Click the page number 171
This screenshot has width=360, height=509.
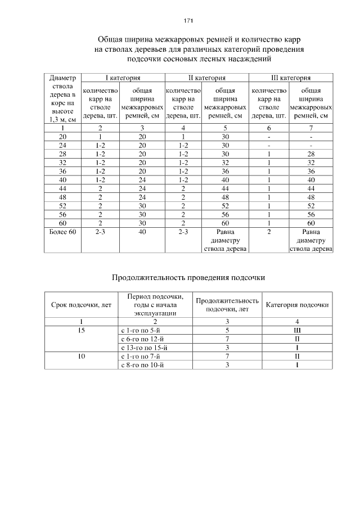188,21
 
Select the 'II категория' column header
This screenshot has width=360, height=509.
206,78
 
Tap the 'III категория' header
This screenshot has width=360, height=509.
291,78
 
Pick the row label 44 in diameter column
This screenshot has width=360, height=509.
63,187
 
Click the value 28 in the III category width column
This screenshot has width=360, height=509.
311,154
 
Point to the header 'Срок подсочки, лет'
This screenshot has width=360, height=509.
82,305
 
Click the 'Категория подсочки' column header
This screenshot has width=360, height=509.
297,305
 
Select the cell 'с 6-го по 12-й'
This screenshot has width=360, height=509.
142,339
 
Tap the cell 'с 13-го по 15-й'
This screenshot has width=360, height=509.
144,348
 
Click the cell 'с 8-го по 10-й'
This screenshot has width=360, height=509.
142,365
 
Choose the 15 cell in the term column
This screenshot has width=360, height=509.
82,330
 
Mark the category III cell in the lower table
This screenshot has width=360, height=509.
297,330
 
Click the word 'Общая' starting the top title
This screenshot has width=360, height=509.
110,40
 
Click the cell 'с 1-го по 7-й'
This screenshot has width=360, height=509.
141,357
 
